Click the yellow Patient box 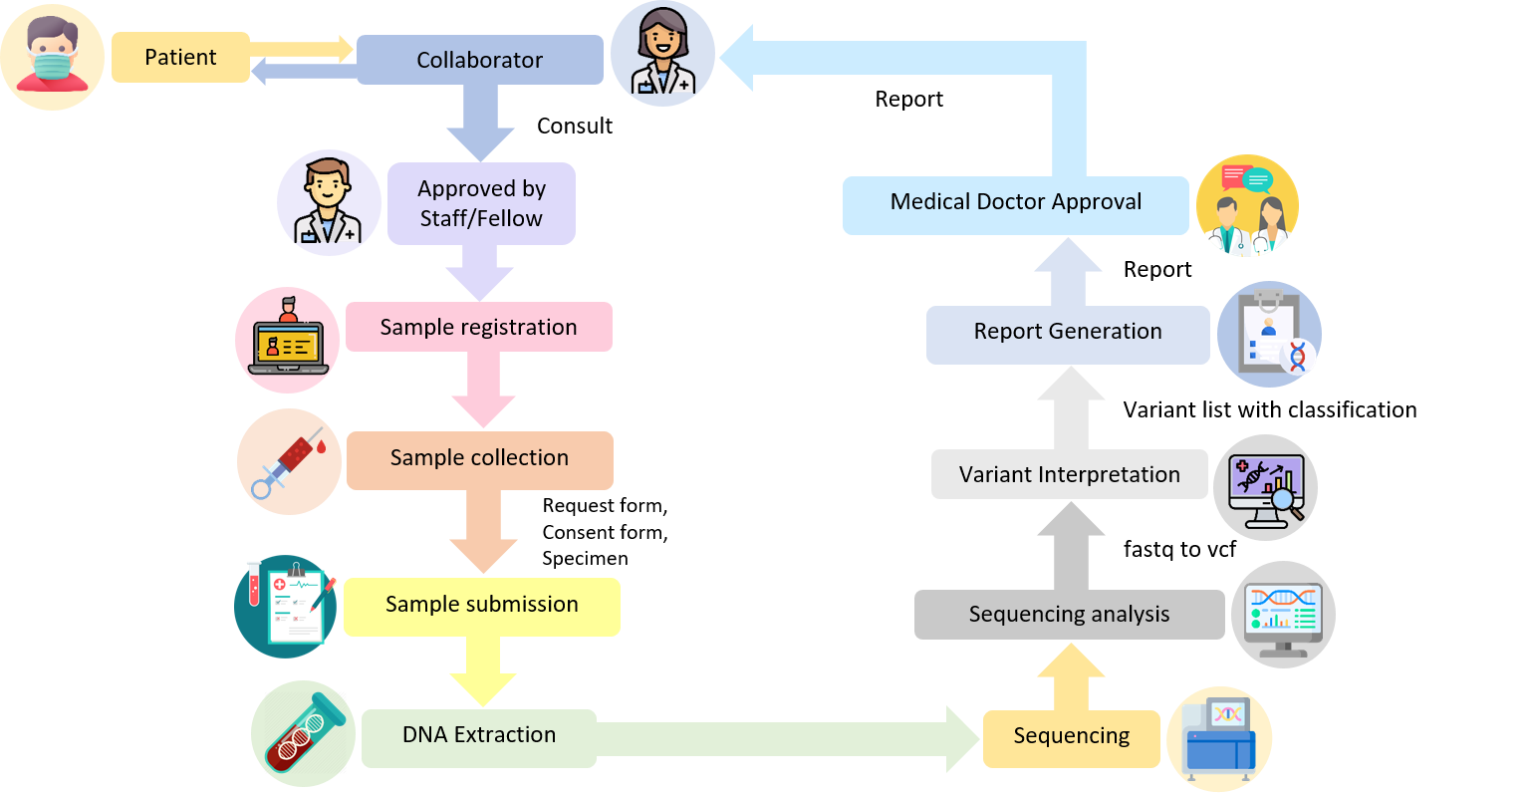pos(180,57)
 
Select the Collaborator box pos(479,60)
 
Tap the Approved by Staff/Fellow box pos(481,203)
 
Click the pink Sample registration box pos(478,327)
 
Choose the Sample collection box pos(479,458)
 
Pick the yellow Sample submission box pos(481,605)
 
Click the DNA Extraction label pos(479,735)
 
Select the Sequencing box pos(1071,737)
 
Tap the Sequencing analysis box pos(1069,615)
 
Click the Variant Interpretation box pos(1069,475)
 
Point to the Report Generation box pos(1067,332)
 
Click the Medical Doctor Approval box pos(1015,203)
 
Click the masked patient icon pos(52,57)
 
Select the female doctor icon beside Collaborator pos(662,55)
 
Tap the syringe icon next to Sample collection pos(289,461)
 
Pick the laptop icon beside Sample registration pos(288,340)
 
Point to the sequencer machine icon pos(1219,739)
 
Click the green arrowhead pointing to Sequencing pos(962,738)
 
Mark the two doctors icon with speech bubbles pos(1246,206)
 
